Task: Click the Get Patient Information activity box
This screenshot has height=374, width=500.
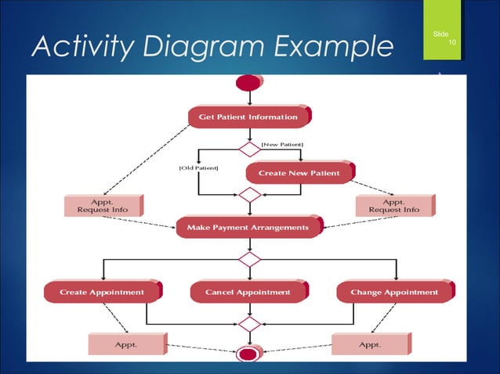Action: (248, 117)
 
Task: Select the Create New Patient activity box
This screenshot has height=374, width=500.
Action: (299, 172)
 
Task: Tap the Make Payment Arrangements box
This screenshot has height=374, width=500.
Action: (248, 228)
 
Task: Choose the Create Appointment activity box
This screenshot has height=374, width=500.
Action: (103, 292)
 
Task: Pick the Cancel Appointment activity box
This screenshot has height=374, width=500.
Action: (248, 292)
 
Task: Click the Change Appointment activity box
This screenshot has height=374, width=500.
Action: (394, 292)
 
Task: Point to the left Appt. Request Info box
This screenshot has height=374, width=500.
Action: (103, 206)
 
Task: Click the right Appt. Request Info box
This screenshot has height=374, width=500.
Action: (394, 206)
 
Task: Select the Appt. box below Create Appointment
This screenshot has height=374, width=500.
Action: (126, 343)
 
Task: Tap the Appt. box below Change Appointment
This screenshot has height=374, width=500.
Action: (369, 343)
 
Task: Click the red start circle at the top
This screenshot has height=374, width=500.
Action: (248, 81)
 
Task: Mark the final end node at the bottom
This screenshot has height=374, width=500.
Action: (248, 354)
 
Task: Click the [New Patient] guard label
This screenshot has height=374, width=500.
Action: (281, 144)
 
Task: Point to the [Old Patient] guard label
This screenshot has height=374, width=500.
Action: (198, 167)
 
